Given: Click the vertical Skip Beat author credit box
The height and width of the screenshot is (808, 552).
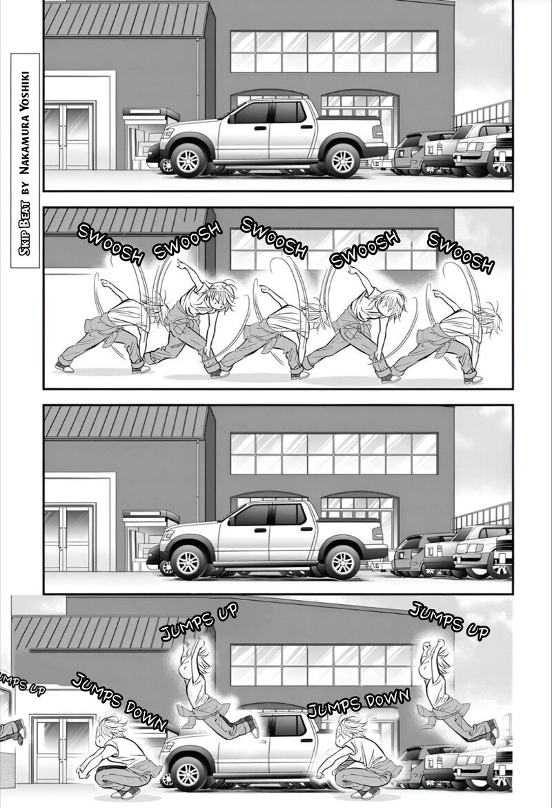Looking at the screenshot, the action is coord(25,160).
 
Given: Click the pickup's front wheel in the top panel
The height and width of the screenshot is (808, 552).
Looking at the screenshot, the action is coord(188,160).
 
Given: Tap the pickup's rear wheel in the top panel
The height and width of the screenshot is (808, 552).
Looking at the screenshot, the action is coord(342,160).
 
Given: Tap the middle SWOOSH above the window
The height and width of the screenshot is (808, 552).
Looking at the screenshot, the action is coord(273,238).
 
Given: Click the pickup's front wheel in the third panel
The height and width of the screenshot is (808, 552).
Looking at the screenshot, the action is coord(188,561).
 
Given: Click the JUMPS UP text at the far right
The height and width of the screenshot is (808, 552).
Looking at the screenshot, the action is coord(448,620).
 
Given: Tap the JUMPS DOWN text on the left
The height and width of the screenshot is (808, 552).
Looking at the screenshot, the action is coord(119,702).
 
